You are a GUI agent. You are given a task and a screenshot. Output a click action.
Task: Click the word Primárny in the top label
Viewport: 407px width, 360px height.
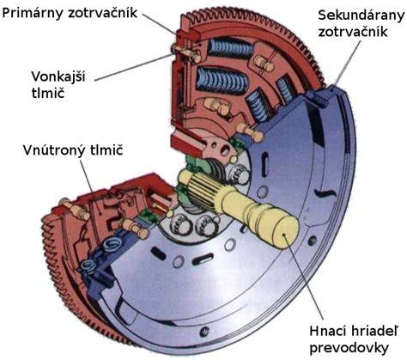[33, 13]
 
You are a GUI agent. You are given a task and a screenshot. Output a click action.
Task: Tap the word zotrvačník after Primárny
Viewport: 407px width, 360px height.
[103, 13]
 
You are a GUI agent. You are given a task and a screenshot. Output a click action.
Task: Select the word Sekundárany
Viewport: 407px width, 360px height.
[361, 15]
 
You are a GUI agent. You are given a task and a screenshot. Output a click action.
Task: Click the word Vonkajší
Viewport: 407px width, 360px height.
[58, 76]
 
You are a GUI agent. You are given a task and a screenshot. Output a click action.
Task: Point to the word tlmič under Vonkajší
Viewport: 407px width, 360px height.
[48, 93]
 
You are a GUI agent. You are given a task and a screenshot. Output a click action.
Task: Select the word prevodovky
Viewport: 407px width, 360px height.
[349, 348]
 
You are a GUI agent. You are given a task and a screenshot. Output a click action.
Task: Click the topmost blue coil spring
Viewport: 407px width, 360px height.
[230, 48]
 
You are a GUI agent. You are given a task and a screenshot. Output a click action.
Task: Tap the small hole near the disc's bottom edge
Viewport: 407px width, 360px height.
[203, 332]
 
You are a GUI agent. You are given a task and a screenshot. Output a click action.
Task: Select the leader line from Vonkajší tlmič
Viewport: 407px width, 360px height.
[134, 67]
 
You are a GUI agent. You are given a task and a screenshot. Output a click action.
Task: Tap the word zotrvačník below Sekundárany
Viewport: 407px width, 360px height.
[353, 32]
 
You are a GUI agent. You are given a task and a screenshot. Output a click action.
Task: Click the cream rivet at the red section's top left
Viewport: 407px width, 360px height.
[187, 53]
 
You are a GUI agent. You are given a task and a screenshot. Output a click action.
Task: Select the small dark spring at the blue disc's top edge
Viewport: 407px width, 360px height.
[319, 101]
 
